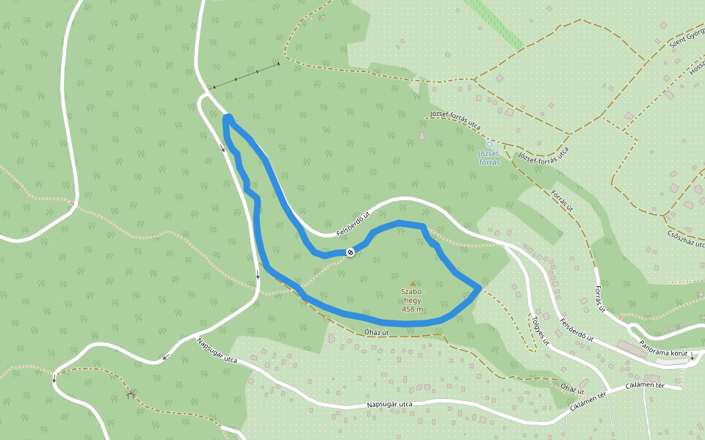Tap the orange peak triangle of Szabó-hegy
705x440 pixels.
click(412, 283)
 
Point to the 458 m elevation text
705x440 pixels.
click(412, 309)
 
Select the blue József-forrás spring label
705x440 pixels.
click(489, 158)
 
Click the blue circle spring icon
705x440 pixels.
click(490, 144)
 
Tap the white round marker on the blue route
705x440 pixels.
click(350, 252)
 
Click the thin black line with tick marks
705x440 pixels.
click(246, 76)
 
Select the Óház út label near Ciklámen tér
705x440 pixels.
click(572, 386)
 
